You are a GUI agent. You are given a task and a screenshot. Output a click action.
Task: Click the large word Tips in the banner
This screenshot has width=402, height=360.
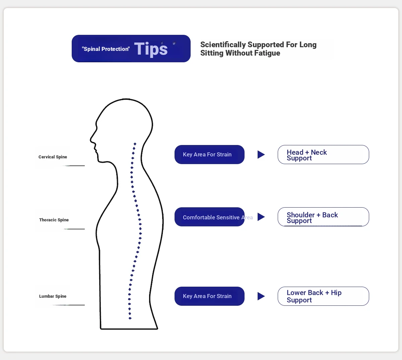[151, 49]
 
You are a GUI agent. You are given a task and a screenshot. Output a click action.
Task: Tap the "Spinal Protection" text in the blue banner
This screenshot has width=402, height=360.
[106, 49]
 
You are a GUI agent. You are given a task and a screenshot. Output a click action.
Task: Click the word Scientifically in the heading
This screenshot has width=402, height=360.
[223, 45]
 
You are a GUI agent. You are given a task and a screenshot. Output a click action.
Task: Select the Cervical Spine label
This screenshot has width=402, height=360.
[53, 157]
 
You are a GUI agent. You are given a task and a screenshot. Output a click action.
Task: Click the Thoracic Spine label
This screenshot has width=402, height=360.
[54, 220]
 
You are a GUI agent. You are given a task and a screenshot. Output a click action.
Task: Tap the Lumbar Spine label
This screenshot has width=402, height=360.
[53, 296]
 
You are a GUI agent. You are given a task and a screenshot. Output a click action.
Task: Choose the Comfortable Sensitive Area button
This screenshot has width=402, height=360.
[209, 217]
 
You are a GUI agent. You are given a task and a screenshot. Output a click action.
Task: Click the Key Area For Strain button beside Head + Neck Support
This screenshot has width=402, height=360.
[209, 154]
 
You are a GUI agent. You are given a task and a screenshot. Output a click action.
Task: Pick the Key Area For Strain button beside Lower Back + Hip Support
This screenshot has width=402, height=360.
[209, 296]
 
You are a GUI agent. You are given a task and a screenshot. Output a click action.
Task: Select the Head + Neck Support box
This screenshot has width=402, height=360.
[323, 154]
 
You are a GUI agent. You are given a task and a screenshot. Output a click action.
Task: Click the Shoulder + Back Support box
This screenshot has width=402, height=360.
[323, 217]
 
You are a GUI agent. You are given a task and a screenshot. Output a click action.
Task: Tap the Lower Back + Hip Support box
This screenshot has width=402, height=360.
[323, 296]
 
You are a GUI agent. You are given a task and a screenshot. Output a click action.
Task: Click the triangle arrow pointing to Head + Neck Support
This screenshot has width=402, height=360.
[261, 154]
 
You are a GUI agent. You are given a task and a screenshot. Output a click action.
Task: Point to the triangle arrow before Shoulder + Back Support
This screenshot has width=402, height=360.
[261, 217]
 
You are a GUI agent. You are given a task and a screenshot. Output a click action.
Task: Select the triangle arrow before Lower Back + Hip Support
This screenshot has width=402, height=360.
[261, 296]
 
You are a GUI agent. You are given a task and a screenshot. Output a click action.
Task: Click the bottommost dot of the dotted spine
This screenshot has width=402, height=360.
[130, 318]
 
